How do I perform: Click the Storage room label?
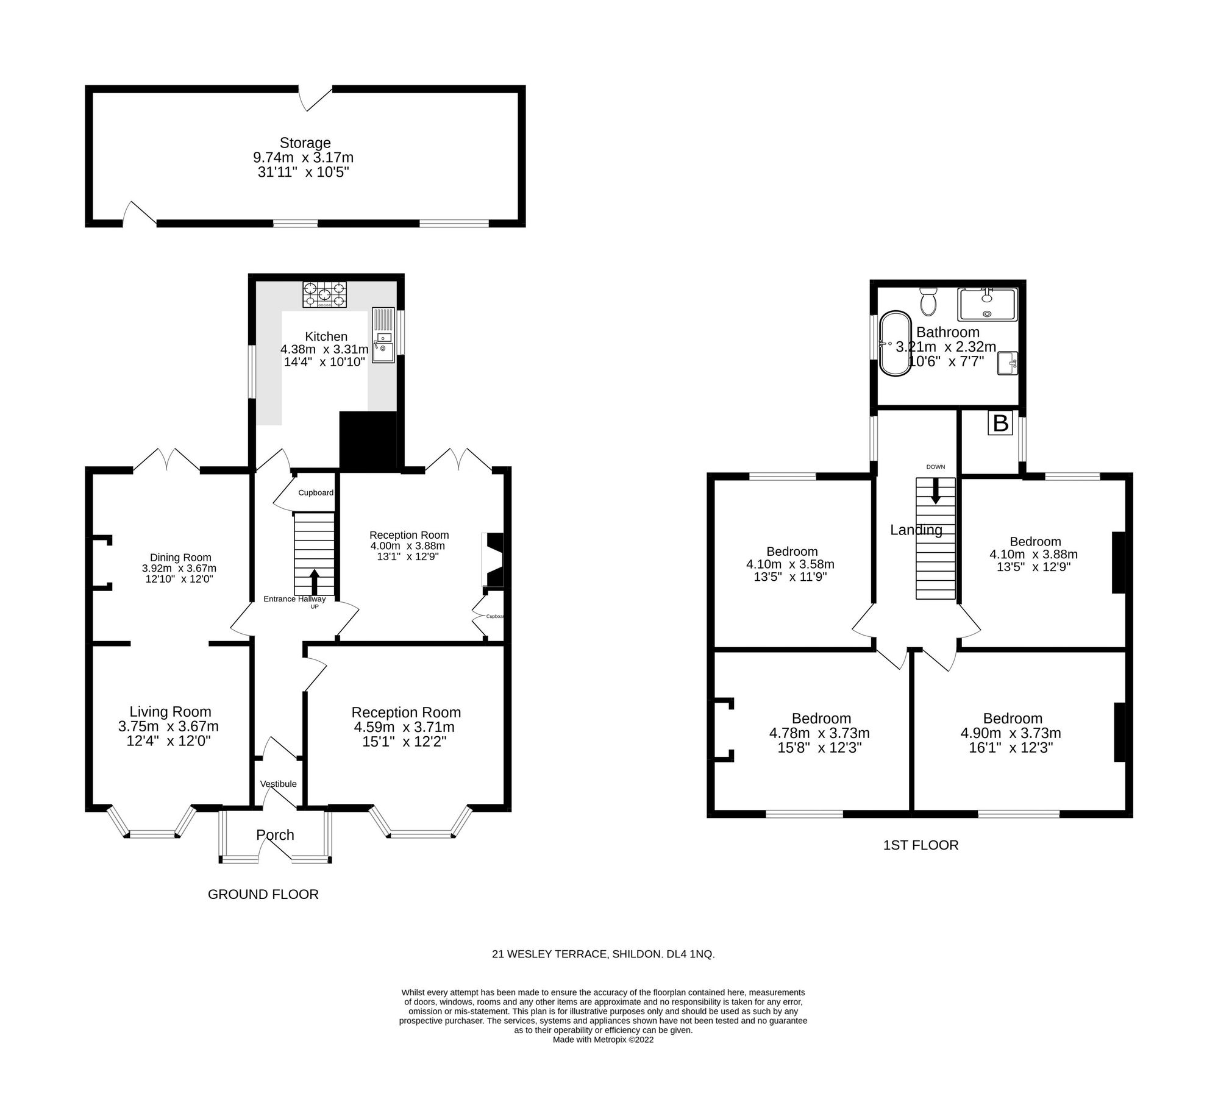click(x=305, y=143)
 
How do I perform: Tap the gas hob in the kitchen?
click(x=324, y=294)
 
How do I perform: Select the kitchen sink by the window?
click(x=383, y=344)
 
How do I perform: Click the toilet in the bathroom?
click(x=928, y=302)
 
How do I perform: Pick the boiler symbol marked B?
click(x=1000, y=423)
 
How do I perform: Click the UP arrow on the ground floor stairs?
click(x=315, y=582)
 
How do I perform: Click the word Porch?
click(x=275, y=835)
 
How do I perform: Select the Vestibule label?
click(x=278, y=784)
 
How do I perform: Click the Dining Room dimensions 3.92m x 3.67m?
click(x=179, y=568)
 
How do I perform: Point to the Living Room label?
click(x=170, y=711)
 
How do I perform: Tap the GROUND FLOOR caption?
click(x=263, y=894)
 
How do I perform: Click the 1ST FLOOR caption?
click(x=921, y=845)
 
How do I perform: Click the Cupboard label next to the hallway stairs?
click(x=316, y=492)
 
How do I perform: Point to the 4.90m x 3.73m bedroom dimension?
click(x=1010, y=733)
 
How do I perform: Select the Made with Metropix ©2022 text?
click(x=603, y=1040)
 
